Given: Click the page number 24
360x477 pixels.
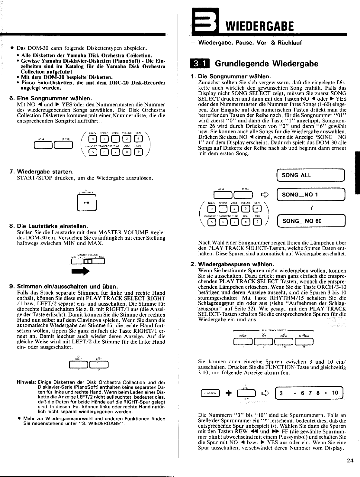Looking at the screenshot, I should click(350, 460).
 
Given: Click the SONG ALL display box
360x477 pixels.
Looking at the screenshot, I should click(310, 175).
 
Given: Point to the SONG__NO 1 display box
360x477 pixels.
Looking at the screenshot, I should click(310, 195).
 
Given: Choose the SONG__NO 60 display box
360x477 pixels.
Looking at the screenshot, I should click(310, 221).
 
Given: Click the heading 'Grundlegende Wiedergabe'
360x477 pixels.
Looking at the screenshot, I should click(266, 64).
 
